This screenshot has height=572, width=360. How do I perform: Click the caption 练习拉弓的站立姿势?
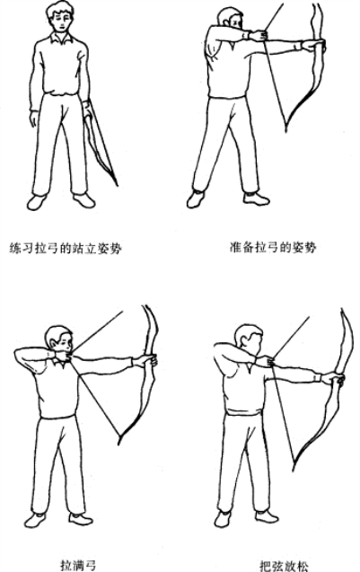[66, 248]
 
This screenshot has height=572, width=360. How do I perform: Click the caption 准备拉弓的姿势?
[272, 247]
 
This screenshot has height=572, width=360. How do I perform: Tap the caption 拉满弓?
[78, 565]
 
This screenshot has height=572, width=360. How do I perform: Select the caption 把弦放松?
[284, 566]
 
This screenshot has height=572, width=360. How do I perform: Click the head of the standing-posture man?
[60, 16]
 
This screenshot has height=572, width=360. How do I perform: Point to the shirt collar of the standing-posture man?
[60, 38]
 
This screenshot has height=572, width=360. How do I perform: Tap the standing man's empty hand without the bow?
[34, 119]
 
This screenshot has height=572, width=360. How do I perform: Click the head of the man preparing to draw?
[231, 19]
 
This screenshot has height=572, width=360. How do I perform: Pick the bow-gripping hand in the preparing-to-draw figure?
[314, 45]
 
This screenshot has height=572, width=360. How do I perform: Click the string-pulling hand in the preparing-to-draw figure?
[259, 35]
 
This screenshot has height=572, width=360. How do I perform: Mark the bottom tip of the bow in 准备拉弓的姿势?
[286, 130]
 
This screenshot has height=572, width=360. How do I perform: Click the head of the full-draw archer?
[60, 343]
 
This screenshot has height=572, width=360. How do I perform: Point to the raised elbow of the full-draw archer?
[17, 353]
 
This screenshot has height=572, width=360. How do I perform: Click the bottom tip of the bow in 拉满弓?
[119, 443]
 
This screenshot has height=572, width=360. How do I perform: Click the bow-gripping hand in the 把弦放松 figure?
[334, 378]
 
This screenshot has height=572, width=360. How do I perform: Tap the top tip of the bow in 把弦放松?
[342, 310]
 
